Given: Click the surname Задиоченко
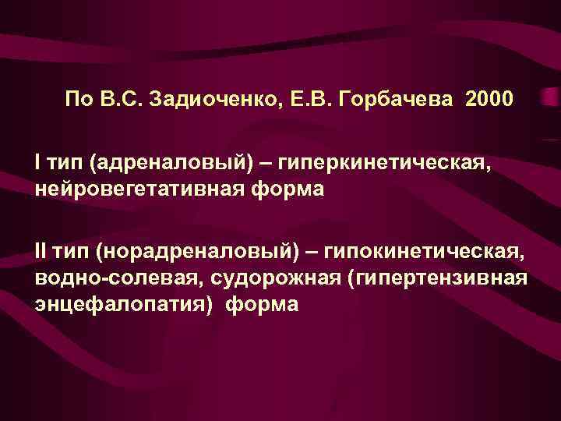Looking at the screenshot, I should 213,99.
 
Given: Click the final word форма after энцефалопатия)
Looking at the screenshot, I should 262,304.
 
